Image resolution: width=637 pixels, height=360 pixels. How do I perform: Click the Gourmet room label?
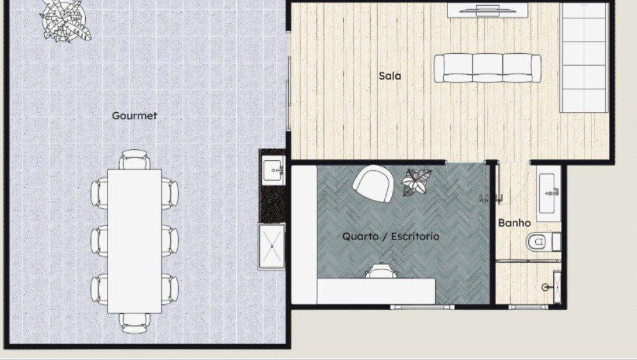pos(134,116)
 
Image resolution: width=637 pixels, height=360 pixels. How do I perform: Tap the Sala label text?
pos(390,76)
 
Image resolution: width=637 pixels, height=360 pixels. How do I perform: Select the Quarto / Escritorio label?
pos(391,236)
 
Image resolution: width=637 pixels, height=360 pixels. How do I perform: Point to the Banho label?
pos(514,223)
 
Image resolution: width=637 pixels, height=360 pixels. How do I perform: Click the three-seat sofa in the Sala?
pos(488,69)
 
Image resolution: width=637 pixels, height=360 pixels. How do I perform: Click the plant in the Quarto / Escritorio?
pos(417,182)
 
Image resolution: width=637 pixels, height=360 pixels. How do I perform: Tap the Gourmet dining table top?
pos(134,240)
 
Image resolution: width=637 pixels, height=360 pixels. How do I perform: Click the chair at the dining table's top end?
pos(134,159)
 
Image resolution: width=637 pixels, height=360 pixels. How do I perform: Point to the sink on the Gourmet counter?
pos(273,170)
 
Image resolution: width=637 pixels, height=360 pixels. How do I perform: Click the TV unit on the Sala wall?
pos(487,10)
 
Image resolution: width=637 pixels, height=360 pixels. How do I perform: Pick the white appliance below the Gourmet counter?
pos(271,246)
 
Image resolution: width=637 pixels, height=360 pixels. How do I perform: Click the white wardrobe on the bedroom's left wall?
pos(304,234)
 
